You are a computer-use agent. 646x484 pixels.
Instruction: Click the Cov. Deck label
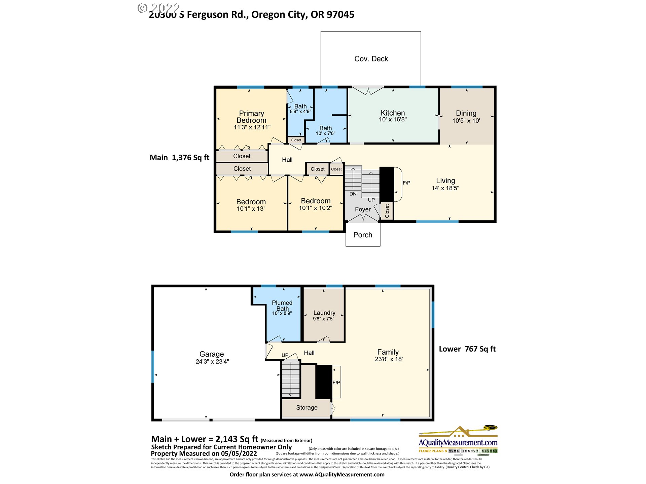(371, 59)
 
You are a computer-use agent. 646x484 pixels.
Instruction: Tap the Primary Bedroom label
(251, 117)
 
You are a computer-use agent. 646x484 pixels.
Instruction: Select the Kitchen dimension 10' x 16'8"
(393, 119)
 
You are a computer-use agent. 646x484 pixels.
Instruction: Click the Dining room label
(466, 113)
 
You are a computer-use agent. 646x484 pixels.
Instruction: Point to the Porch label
(363, 235)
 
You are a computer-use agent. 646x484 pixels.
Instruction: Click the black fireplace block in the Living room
(387, 184)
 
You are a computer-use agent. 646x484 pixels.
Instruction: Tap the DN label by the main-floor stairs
(353, 194)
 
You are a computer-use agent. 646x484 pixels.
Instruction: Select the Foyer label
(362, 209)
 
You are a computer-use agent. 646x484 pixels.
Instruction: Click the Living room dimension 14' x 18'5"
(445, 188)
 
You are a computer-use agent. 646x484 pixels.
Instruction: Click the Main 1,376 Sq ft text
(179, 158)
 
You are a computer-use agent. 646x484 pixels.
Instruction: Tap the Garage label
(212, 354)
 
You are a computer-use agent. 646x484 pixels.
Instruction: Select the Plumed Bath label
(282, 306)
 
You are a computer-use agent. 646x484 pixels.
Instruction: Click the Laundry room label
(324, 313)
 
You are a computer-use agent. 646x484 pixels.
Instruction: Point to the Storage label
(307, 407)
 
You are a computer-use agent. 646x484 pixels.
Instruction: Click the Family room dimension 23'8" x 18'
(389, 359)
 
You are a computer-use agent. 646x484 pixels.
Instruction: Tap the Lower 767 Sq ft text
(467, 349)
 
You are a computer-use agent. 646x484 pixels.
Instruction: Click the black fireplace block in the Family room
(324, 382)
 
